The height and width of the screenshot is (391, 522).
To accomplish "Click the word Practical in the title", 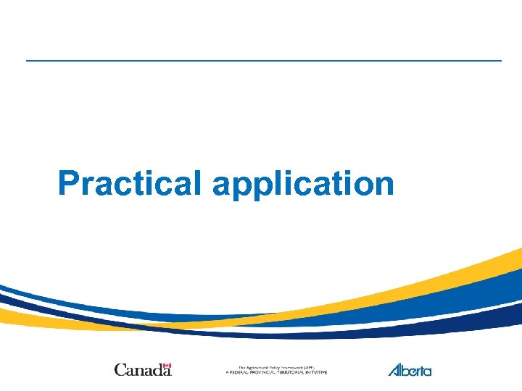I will tap(128, 183).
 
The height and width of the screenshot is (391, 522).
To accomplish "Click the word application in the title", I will tap(303, 185).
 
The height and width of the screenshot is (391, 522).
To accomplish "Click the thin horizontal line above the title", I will tap(263, 60).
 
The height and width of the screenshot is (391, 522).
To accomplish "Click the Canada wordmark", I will tap(143, 370).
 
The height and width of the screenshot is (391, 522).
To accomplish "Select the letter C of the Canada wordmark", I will tap(120, 370).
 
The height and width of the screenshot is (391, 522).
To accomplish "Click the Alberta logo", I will tap(410, 370).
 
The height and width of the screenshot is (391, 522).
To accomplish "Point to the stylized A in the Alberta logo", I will tap(395, 370).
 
